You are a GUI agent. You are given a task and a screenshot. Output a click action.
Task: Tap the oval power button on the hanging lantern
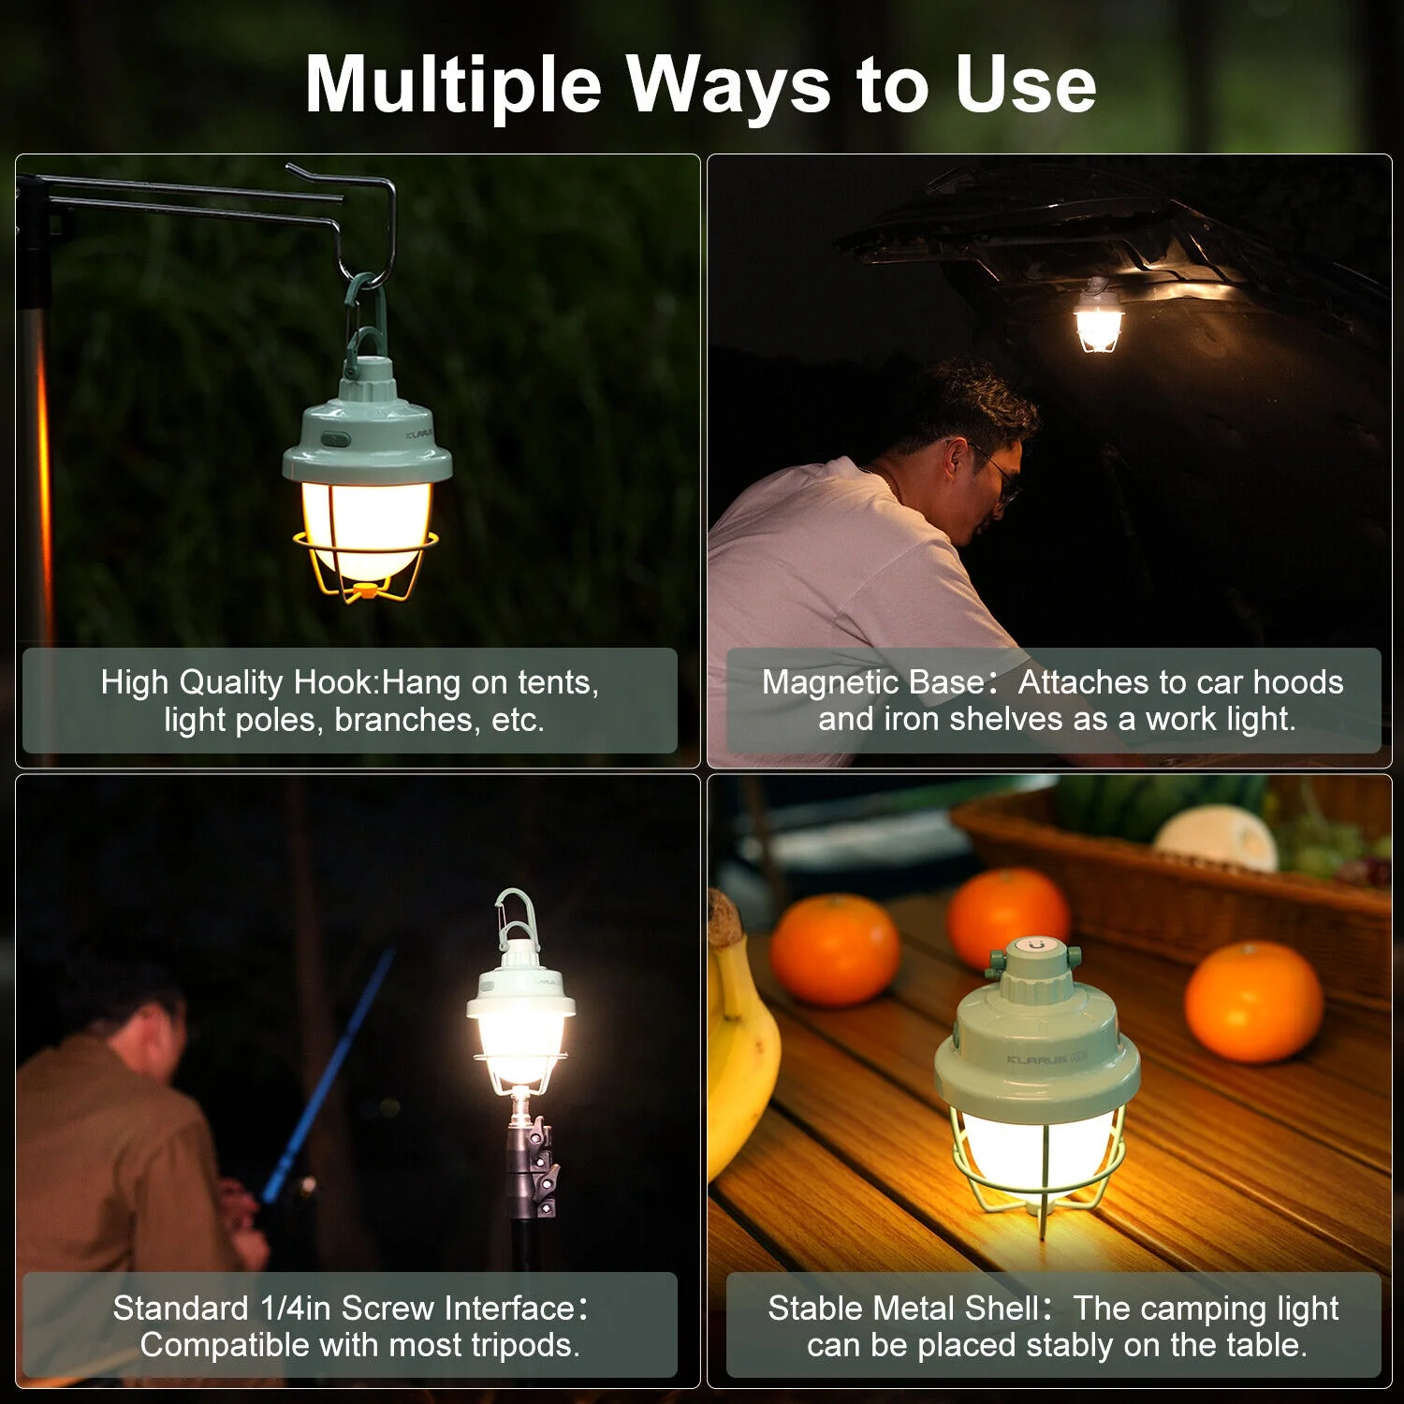(335, 438)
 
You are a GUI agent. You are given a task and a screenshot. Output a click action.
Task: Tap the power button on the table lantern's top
(1035, 946)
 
